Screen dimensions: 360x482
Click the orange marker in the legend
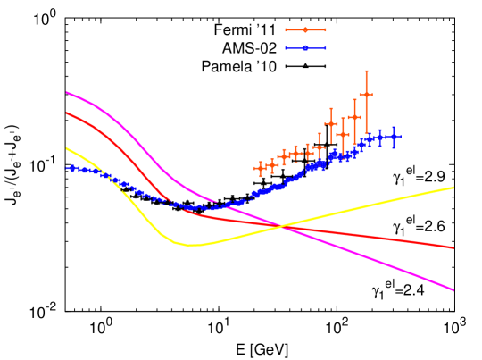point(305,30)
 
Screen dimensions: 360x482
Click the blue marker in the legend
point(305,48)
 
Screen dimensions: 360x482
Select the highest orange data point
point(366,94)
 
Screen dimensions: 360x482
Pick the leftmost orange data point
point(260,167)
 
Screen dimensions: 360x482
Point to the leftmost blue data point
point(68,167)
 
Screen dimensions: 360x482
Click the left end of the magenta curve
point(66,92)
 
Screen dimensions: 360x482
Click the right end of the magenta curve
point(454,290)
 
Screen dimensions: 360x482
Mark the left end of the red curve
point(66,113)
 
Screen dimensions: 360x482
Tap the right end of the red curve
point(454,247)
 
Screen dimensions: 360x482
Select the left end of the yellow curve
point(66,147)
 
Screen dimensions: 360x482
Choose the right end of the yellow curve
point(454,188)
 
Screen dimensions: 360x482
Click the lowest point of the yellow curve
point(191,245)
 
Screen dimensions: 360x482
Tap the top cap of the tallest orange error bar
point(366,71)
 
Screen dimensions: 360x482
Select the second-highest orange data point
point(354,116)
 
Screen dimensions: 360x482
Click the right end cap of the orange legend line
point(326,30)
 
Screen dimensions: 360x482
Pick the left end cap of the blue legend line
point(286,48)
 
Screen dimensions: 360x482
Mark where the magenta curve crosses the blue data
point(218,205)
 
